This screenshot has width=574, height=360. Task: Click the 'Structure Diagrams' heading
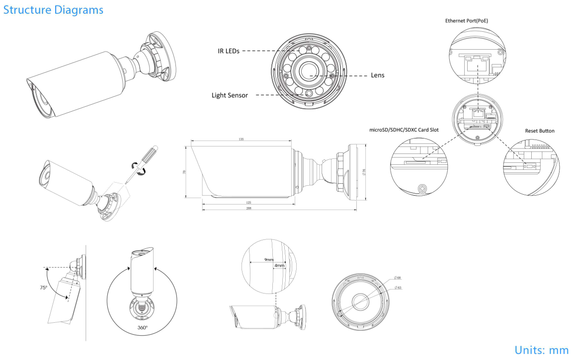[54, 9]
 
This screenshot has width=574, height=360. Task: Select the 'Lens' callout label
[377, 75]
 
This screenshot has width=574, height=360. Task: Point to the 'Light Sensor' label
[230, 95]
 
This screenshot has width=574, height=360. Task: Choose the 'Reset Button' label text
[540, 131]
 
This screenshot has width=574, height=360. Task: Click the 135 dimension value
[241, 140]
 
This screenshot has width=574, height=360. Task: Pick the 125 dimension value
[247, 203]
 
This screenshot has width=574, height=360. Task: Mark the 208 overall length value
[248, 209]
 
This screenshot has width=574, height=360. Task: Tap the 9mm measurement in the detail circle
[269, 260]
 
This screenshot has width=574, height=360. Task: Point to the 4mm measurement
[279, 266]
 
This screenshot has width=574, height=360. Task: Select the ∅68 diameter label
[398, 278]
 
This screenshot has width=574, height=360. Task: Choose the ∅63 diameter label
[398, 288]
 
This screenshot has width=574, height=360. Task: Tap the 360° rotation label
[142, 328]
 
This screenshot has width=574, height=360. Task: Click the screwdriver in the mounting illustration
[143, 163]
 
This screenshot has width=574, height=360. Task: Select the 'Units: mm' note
[541, 350]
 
